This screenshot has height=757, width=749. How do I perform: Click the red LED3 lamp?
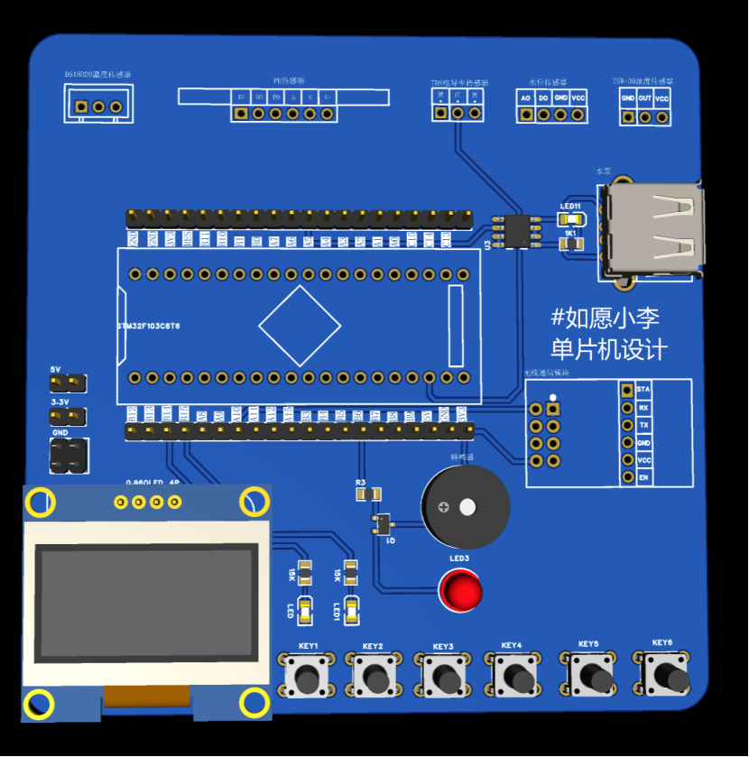[460, 592]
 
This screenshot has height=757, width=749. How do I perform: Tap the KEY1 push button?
[307, 674]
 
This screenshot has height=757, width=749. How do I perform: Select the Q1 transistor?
[383, 523]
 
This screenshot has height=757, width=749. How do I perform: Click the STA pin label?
[643, 389]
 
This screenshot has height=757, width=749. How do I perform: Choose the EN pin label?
[643, 476]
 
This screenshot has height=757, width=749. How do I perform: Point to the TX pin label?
[643, 424]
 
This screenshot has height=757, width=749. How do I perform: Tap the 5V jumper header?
[69, 383]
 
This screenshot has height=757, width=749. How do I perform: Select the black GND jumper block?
[68, 455]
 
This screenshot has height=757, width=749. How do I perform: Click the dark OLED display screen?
[144, 602]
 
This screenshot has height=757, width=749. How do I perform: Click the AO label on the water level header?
[526, 97]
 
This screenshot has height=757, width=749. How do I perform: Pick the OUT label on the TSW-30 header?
[644, 98]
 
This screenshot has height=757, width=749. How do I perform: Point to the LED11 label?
[570, 206]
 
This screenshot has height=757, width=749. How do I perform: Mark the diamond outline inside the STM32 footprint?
[300, 326]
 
